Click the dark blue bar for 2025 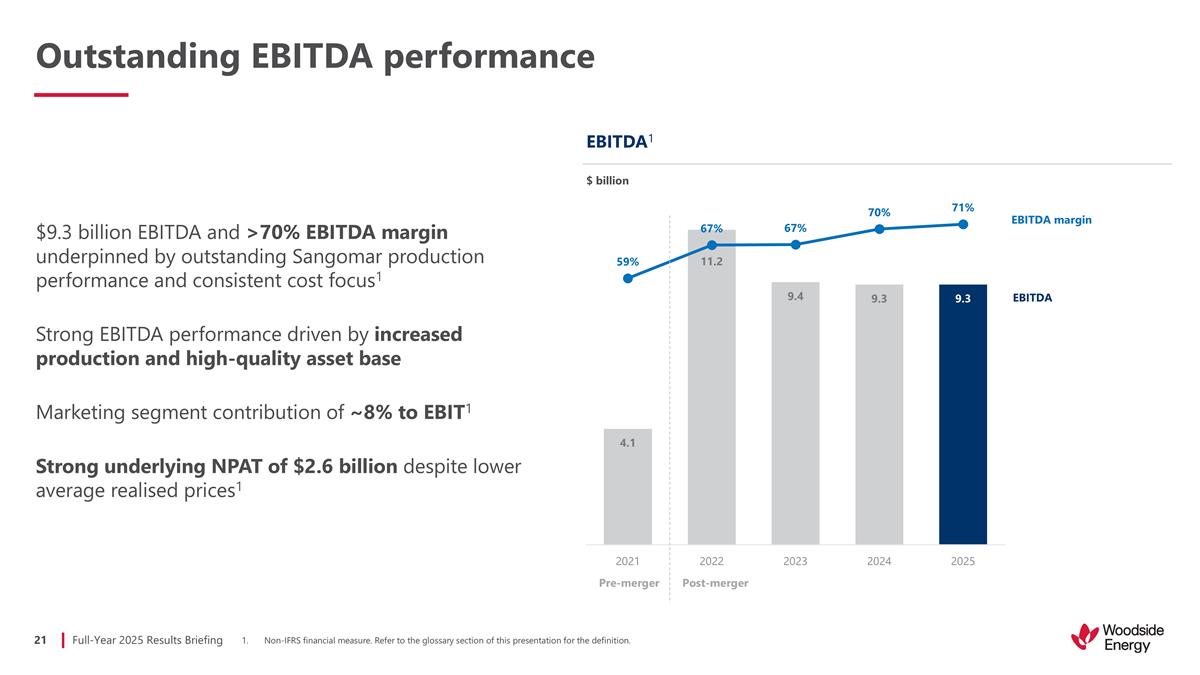[962, 420]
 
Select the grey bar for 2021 [627, 490]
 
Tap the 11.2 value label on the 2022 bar [711, 262]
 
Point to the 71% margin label [962, 207]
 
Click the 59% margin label [627, 262]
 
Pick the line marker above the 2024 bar [879, 229]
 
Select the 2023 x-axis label [795, 561]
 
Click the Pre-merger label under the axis [627, 583]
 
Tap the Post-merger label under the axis [714, 583]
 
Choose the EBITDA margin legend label [1052, 220]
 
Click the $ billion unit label [607, 181]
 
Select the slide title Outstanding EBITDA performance [315, 56]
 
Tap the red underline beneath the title [81, 95]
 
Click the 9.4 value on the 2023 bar [795, 296]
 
